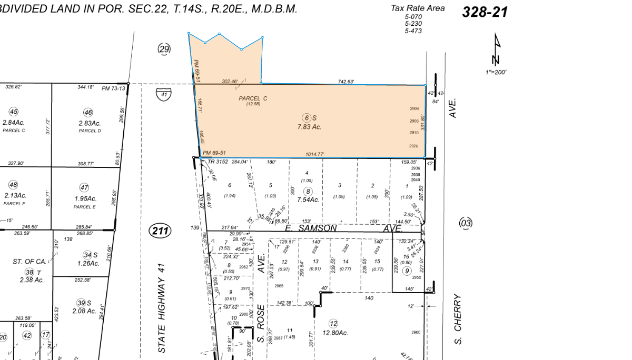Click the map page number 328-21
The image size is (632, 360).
pos(485,12)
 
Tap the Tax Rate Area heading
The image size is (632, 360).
pos(417,8)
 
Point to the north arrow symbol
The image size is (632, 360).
pos(497,50)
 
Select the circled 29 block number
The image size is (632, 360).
pos(164,49)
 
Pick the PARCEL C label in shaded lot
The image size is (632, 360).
pos(253,98)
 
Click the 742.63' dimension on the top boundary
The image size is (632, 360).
pos(345,82)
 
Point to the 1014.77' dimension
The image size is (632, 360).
pos(315,154)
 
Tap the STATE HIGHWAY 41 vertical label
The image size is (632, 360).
pos(162,308)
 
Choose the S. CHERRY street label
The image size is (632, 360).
pos(457,319)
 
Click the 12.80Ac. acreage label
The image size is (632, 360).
pos(335,333)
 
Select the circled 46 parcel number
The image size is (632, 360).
pos(88,112)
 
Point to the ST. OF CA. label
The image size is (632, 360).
pos(29,262)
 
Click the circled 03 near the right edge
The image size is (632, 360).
pos(466,223)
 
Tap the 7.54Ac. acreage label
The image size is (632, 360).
pos(308,199)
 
